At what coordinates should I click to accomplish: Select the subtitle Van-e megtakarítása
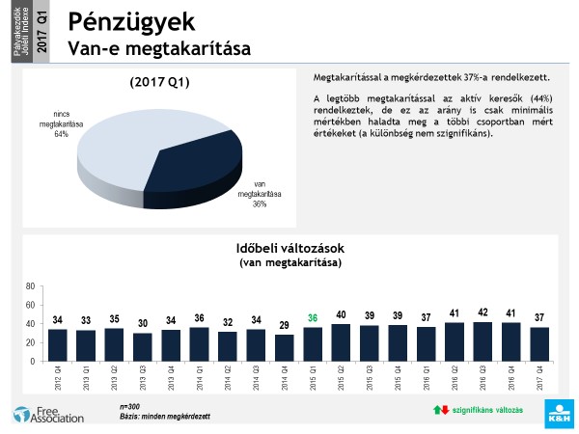[x=153, y=46]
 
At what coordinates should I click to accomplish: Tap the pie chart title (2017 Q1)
[x=160, y=82]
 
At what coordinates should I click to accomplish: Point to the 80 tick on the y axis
[x=31, y=286]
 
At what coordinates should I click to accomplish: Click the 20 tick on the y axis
[x=31, y=342]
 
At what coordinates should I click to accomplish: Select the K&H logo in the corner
[x=559, y=418]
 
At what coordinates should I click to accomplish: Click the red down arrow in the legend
[x=445, y=410]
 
